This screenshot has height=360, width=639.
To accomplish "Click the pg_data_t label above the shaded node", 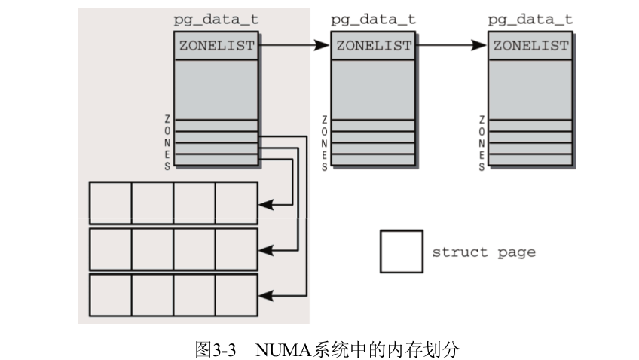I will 216,20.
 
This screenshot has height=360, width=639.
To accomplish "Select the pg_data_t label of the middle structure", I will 372,20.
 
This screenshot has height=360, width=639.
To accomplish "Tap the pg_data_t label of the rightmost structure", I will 530,20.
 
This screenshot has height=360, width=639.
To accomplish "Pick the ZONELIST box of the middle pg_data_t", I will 373,46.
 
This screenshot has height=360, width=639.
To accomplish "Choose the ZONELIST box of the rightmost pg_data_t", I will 530,46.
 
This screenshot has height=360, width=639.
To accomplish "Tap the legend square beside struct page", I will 400,252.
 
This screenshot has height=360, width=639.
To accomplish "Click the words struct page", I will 483,252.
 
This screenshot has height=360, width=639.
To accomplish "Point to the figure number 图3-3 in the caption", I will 216,349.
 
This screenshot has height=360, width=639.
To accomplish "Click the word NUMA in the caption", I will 277,349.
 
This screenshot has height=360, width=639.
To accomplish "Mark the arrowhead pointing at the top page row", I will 264,203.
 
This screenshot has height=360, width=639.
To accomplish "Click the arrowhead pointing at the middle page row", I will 264,249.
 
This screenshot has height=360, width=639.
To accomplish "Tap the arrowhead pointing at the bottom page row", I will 264,296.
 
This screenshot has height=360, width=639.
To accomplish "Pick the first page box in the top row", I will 111,203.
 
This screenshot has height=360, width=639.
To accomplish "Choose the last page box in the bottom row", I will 237,295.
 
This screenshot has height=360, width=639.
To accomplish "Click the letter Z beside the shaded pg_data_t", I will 167,120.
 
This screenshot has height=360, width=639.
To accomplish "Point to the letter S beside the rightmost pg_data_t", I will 481,167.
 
